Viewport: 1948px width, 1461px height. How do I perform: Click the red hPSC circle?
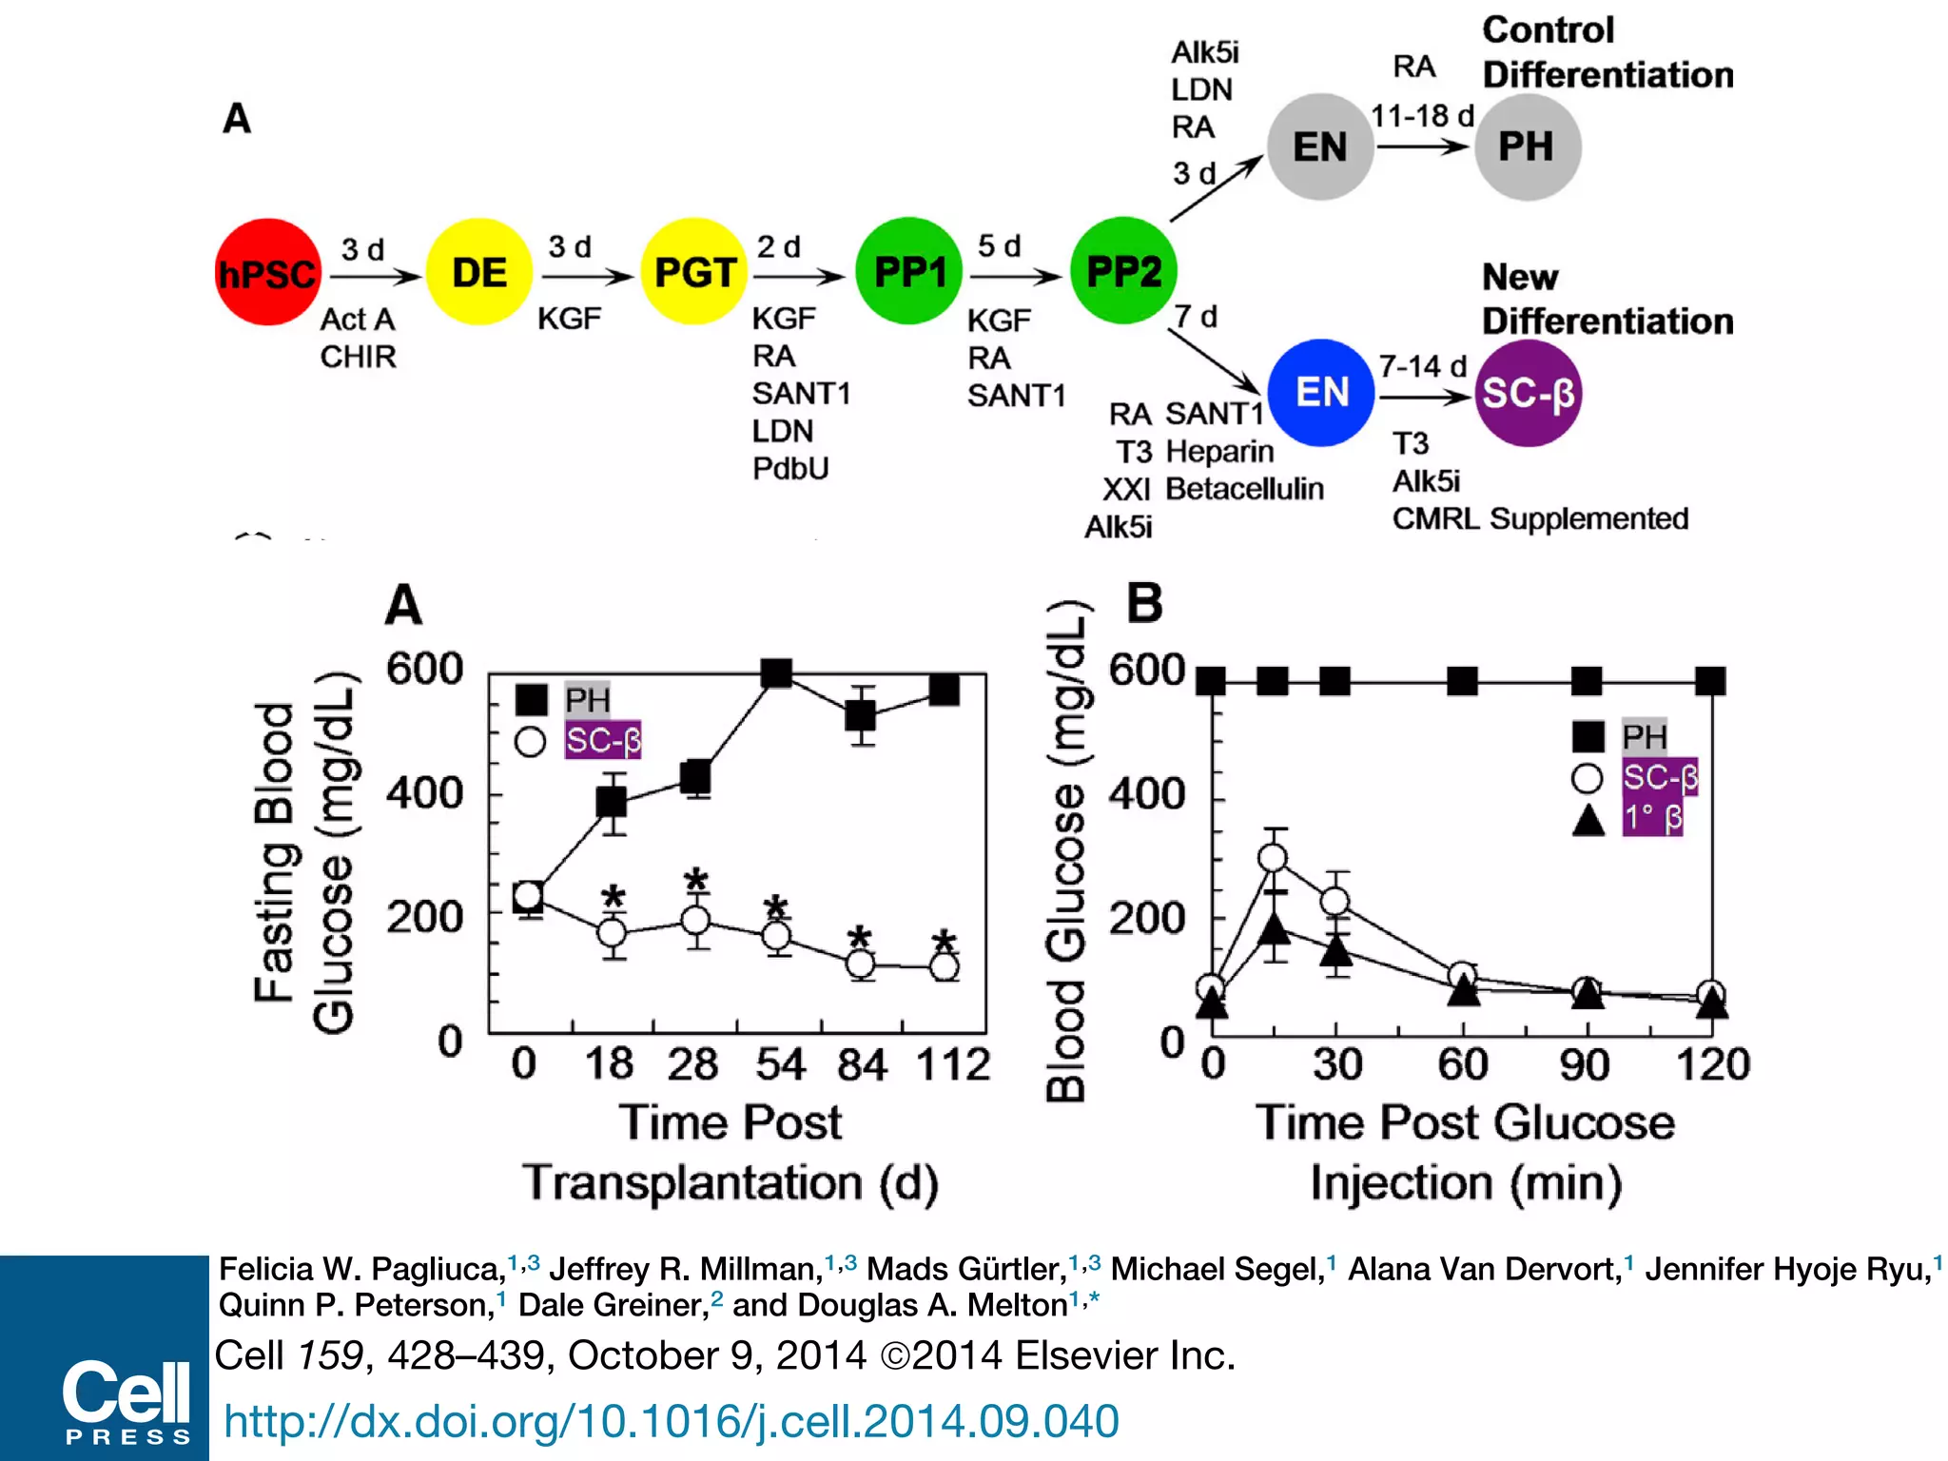pos(267,273)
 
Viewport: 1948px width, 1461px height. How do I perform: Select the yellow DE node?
pos(478,273)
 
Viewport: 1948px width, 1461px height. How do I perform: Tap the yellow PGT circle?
pos(694,273)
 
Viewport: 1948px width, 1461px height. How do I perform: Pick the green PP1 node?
pos(909,272)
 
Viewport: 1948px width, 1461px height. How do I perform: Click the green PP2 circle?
pos(1123,272)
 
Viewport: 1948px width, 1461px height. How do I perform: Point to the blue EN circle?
pos(1321,393)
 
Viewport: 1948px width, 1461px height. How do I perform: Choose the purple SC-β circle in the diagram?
pos(1528,393)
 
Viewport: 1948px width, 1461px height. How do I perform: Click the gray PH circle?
pos(1527,147)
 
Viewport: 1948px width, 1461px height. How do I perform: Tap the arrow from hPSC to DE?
pos(375,277)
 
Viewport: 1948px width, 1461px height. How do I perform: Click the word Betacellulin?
pos(1244,489)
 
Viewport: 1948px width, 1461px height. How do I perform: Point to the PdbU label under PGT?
pos(790,469)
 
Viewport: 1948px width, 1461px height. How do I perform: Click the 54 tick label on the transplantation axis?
pos(780,1064)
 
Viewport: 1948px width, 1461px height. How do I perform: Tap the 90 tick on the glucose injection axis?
pos(1585,1064)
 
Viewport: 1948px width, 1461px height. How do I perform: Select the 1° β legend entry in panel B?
pos(1652,818)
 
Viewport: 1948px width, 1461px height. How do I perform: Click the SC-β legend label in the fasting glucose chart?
pos(603,740)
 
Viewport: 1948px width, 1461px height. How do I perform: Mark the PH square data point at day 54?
pos(777,673)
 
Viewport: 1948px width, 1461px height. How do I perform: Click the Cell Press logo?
pos(127,1399)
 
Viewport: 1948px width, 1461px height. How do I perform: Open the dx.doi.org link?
pos(671,1421)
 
